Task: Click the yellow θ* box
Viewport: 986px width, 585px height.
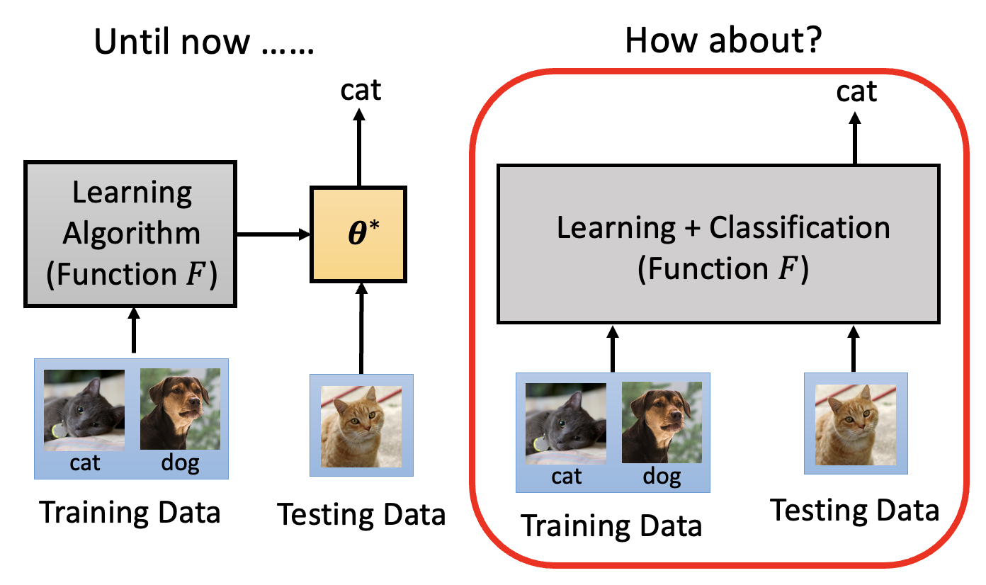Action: pyautogui.click(x=358, y=234)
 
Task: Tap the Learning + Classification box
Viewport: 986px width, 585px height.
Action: pyautogui.click(x=719, y=245)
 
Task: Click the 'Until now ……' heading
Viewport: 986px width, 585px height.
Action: pyautogui.click(x=203, y=42)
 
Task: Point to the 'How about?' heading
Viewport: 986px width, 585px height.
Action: pyautogui.click(x=722, y=42)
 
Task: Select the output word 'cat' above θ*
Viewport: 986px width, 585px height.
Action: pyautogui.click(x=360, y=90)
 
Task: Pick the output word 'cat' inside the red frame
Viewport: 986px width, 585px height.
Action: pyautogui.click(x=856, y=91)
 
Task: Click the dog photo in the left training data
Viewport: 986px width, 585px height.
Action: pyautogui.click(x=180, y=409)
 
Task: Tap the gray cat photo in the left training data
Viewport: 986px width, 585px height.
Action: pyautogui.click(x=84, y=410)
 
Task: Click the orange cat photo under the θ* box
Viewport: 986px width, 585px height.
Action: pyautogui.click(x=361, y=425)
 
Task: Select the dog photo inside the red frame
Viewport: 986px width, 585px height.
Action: pyautogui.click(x=662, y=423)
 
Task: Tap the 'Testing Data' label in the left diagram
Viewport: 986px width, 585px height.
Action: pyautogui.click(x=361, y=514)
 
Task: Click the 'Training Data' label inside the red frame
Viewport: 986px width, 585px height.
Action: pyautogui.click(x=611, y=526)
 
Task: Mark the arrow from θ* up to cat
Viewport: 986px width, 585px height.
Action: pyautogui.click(x=359, y=148)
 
